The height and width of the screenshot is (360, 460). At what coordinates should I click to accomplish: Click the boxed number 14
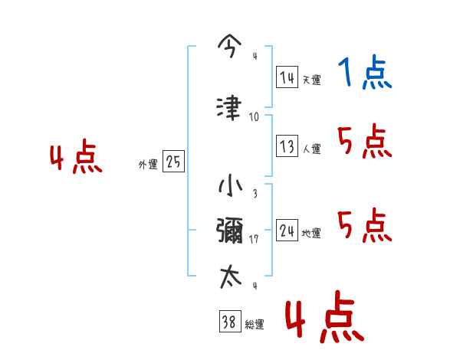point(287,78)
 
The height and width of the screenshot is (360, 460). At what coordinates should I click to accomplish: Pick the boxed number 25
point(174,162)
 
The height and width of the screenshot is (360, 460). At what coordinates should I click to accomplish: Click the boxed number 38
point(228,322)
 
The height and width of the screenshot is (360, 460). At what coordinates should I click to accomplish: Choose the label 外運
point(148,165)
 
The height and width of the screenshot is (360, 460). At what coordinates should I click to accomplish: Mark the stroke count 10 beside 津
point(254,117)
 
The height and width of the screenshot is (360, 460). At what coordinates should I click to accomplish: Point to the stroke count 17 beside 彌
point(255,239)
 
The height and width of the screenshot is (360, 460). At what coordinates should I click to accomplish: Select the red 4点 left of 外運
point(76,159)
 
